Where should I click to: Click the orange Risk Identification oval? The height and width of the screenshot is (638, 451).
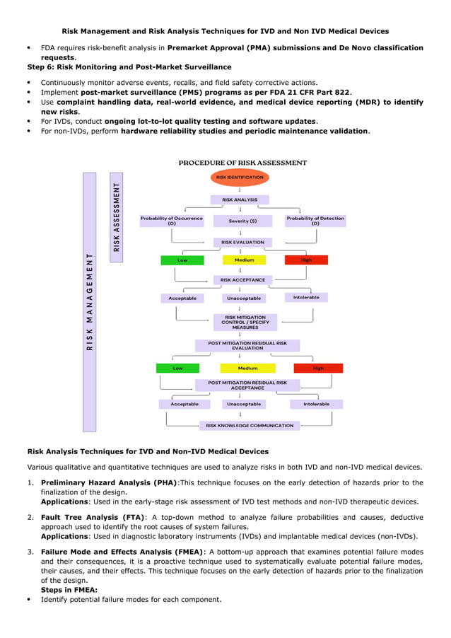point(240,178)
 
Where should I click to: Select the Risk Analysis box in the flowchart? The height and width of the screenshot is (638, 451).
point(240,200)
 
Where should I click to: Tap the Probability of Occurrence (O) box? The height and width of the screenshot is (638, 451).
point(171,221)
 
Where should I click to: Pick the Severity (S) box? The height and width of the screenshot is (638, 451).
point(242,221)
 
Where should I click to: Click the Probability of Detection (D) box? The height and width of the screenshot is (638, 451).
point(315,221)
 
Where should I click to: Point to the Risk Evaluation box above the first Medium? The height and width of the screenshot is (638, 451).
point(242,242)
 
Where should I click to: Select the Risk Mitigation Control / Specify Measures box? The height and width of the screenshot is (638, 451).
point(245,323)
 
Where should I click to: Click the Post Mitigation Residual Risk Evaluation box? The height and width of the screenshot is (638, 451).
point(247,345)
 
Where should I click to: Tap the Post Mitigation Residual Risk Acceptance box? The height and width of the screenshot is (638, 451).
point(247,385)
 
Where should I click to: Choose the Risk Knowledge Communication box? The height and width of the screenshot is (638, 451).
point(250,426)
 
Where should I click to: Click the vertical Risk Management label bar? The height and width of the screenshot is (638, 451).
point(89,302)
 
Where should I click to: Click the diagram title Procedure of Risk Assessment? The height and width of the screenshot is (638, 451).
point(242,163)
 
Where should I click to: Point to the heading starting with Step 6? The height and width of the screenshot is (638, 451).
point(129,67)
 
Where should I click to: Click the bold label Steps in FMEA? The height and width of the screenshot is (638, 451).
point(69,589)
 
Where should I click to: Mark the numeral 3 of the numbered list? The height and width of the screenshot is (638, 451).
point(30,551)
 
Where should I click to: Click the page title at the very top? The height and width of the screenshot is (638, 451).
point(225,31)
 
